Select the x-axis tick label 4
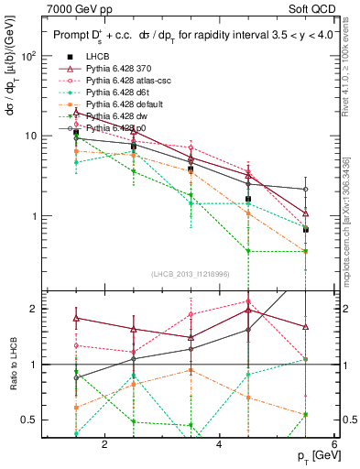tap(219, 444)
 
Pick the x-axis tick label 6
tap(333, 444)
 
